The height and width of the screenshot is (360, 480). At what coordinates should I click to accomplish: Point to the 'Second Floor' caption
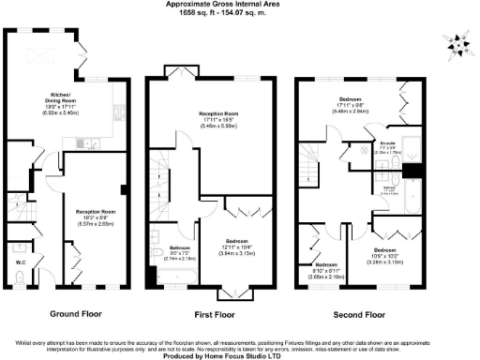(362, 314)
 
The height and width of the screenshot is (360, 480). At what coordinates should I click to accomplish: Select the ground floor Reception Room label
(96, 217)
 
